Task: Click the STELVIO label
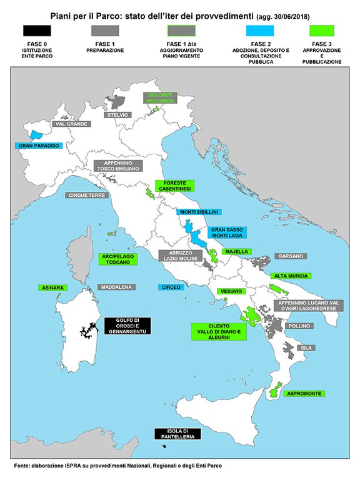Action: pyautogui.click(x=117, y=115)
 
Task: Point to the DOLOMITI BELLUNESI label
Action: pyautogui.click(x=161, y=97)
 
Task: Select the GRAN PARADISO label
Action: pyautogui.click(x=39, y=146)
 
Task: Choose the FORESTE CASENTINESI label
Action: pyautogui.click(x=175, y=186)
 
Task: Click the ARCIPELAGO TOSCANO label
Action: pyautogui.click(x=118, y=259)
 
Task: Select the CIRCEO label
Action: pyautogui.click(x=171, y=287)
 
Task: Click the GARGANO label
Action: pyautogui.click(x=291, y=256)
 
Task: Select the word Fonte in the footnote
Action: pyautogui.click(x=24, y=466)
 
